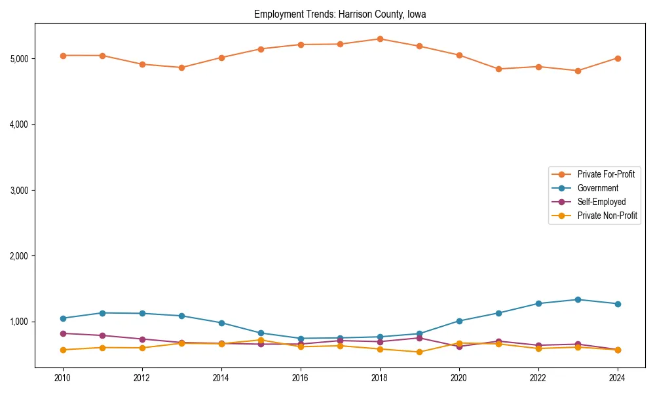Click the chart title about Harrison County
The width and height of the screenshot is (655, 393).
pyautogui.click(x=340, y=14)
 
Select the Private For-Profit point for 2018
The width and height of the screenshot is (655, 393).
pyautogui.click(x=380, y=39)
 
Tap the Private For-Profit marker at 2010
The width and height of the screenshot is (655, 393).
pyautogui.click(x=63, y=56)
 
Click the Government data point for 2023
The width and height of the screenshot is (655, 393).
pyautogui.click(x=578, y=299)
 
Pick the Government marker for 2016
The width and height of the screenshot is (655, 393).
pyautogui.click(x=301, y=339)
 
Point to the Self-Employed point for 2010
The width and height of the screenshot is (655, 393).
pyautogui.click(x=63, y=333)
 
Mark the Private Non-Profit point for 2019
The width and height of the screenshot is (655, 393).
pyautogui.click(x=419, y=352)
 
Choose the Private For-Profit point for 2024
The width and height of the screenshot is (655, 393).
pyautogui.click(x=618, y=58)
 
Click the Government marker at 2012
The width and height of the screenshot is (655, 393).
pyautogui.click(x=142, y=313)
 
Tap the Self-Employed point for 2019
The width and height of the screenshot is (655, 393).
pyautogui.click(x=419, y=338)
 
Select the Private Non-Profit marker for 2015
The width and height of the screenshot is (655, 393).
pyautogui.click(x=261, y=340)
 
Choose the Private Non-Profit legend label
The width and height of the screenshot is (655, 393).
pyautogui.click(x=607, y=215)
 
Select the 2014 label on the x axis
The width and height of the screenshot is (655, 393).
pyautogui.click(x=221, y=378)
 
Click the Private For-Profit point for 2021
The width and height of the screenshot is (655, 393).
pyautogui.click(x=498, y=69)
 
